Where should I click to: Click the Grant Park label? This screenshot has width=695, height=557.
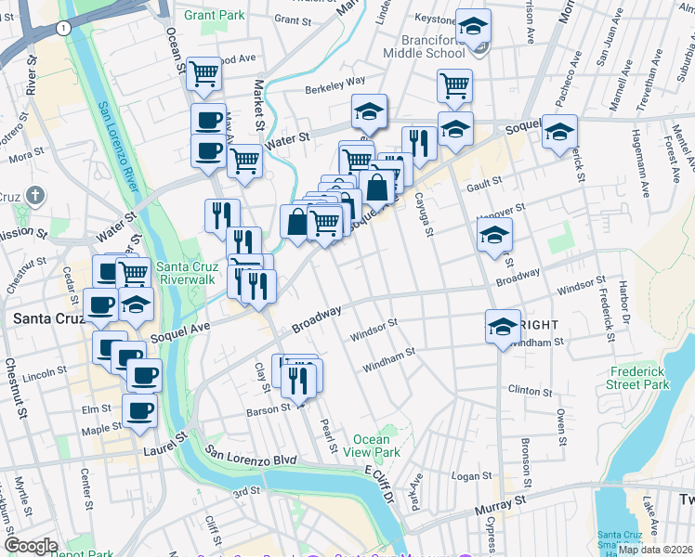[x=214, y=16]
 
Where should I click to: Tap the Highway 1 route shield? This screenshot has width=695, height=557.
[x=62, y=29]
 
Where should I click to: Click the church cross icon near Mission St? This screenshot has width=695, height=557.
[x=35, y=196]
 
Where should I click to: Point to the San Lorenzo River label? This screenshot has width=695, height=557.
[x=119, y=139]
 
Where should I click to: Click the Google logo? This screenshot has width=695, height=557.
[x=31, y=546]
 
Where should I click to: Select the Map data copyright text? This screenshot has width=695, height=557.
[x=655, y=550]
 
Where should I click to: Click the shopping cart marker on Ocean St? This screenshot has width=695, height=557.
[x=203, y=73]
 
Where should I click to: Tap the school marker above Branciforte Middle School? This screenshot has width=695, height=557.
[x=474, y=27]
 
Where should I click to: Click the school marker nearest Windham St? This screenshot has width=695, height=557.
[x=502, y=326]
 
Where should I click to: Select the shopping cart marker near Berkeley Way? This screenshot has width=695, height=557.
[x=454, y=85]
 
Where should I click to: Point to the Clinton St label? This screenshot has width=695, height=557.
[x=530, y=391]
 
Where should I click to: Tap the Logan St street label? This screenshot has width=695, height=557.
[x=472, y=476]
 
